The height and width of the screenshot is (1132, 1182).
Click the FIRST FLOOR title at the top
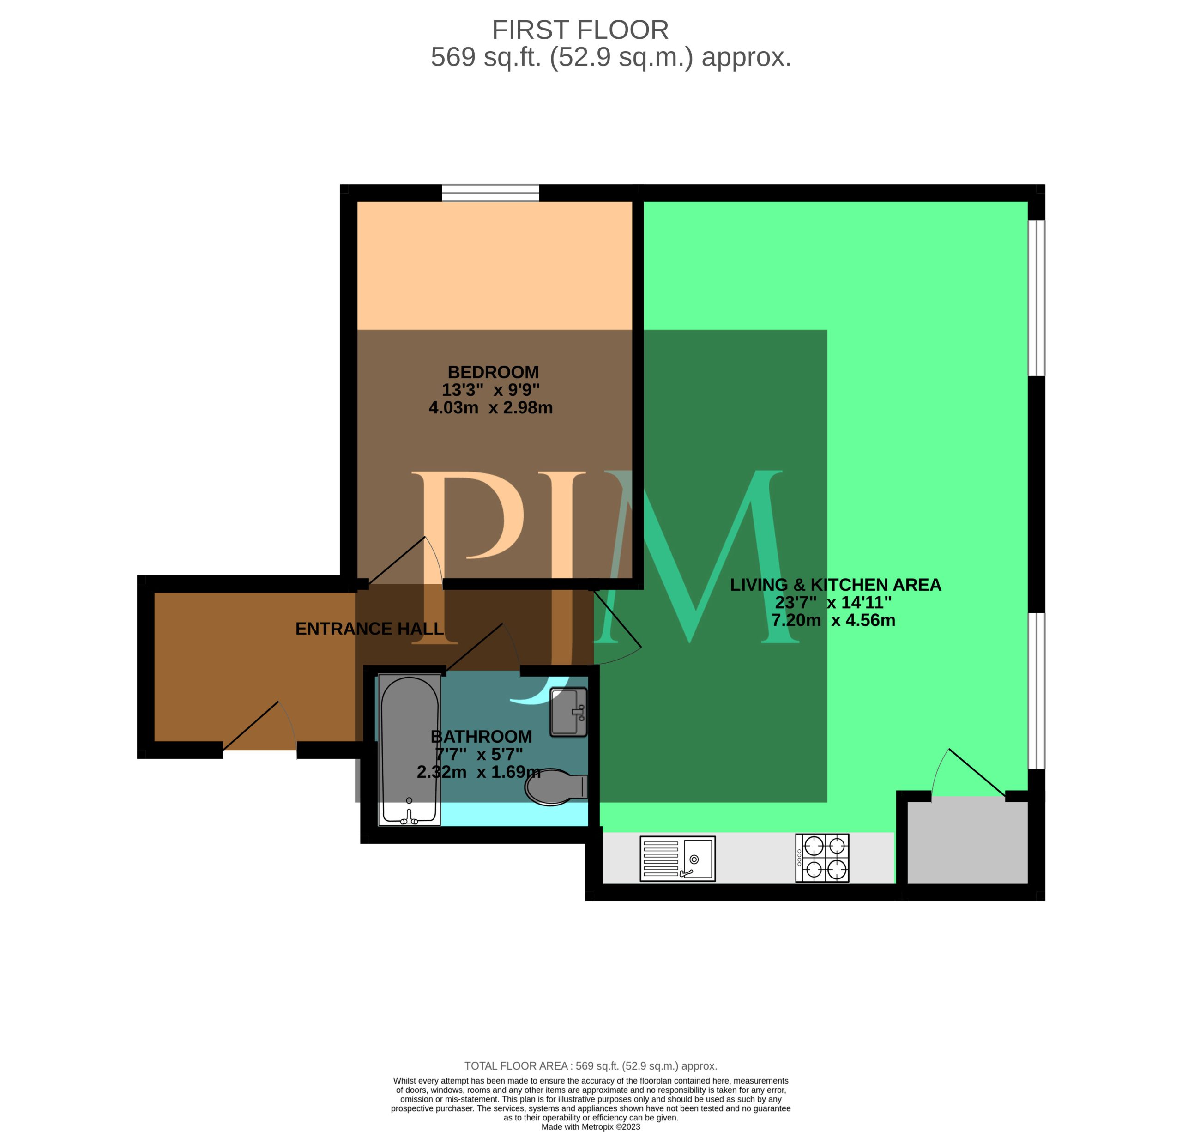tap(580, 30)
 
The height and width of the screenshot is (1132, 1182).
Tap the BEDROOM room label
tap(493, 372)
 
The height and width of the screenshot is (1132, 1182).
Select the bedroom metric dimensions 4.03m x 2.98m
tap(490, 408)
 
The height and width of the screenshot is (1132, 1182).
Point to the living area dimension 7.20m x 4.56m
tap(833, 620)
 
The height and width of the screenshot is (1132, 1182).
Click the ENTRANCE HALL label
tap(369, 629)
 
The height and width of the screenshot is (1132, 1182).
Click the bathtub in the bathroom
tap(409, 750)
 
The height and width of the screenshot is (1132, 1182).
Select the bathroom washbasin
tap(568, 712)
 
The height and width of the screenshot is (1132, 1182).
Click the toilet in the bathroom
tap(556, 787)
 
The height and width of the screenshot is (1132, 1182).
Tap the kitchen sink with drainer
tap(677, 859)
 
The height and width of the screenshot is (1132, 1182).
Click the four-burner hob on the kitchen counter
tap(822, 858)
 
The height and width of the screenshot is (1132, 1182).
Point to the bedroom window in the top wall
tap(490, 193)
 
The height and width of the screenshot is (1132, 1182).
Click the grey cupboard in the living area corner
tap(967, 842)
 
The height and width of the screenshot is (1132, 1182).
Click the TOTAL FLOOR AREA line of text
tap(591, 1065)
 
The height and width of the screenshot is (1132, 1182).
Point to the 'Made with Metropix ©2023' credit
tap(591, 1126)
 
